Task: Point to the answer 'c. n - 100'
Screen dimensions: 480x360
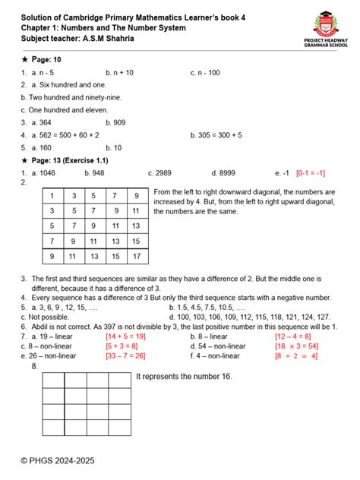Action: click(205, 72)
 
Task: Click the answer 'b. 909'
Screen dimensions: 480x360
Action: click(115, 122)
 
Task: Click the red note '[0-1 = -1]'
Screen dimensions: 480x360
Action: click(311, 172)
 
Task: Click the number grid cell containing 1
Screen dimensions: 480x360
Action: click(52, 196)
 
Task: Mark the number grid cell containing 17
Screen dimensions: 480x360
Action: click(137, 257)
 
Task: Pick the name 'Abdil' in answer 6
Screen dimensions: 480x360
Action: click(40, 305)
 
